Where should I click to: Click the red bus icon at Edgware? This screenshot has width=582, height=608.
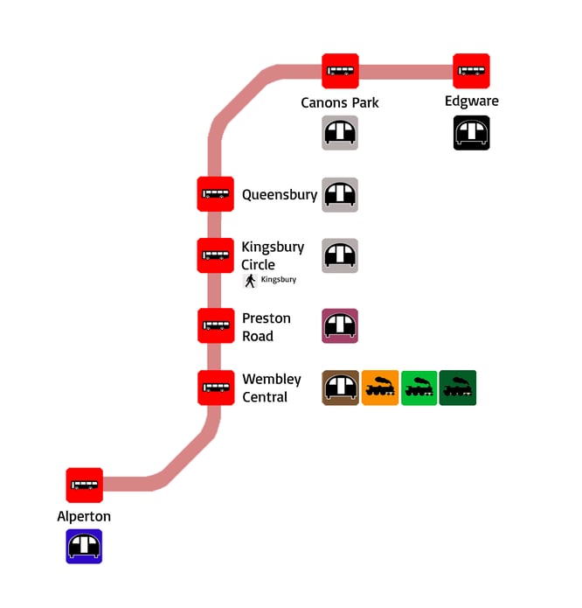471,71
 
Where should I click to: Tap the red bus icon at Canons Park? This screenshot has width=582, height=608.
340,71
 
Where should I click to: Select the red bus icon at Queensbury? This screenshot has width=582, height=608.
215,193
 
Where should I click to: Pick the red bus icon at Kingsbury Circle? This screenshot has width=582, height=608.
215,255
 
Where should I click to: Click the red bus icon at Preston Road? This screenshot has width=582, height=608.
215,325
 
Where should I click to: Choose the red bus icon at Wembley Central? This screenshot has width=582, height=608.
215,388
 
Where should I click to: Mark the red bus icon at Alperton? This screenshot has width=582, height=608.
85,485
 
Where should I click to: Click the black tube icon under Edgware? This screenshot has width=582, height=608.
471,133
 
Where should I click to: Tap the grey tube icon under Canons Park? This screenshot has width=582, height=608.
340,133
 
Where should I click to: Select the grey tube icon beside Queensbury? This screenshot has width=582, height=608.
340,195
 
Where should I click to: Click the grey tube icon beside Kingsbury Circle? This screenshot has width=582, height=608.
340,255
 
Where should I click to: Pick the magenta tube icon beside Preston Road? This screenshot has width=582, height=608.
340,325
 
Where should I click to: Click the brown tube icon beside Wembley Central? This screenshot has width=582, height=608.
340,388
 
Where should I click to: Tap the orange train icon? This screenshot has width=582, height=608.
380,388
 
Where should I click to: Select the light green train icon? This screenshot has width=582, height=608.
419,388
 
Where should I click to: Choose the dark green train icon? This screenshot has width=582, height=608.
458,388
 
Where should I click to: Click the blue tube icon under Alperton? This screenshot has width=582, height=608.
85,546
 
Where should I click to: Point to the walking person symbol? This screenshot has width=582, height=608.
250,281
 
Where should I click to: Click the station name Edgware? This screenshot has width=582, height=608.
471,101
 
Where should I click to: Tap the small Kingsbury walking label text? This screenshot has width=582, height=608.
279,280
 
